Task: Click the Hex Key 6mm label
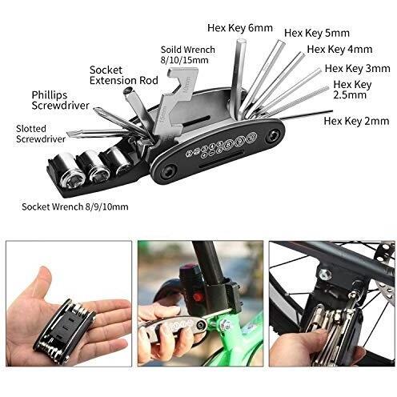pyautogui.click(x=240, y=28)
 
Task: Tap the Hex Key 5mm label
pyautogui.click(x=317, y=34)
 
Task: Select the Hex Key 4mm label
pyautogui.click(x=339, y=50)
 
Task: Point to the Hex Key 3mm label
pyautogui.click(x=358, y=69)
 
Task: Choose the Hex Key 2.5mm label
pyautogui.click(x=352, y=90)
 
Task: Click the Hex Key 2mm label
pyautogui.click(x=356, y=121)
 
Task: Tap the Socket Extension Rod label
pyautogui.click(x=124, y=75)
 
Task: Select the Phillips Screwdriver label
pyautogui.click(x=60, y=100)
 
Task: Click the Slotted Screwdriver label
pyautogui.click(x=41, y=134)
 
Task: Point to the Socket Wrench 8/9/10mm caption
pyautogui.click(x=75, y=207)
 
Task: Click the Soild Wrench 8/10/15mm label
pyautogui.click(x=188, y=54)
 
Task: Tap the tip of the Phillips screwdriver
pyautogui.click(x=95, y=109)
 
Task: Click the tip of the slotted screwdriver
pyautogui.click(x=67, y=134)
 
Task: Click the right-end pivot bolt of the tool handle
pyautogui.click(x=273, y=134)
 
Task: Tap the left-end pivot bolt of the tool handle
pyautogui.click(x=169, y=170)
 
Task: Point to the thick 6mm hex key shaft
pyautogui.click(x=238, y=78)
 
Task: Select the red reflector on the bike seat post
pyautogui.click(x=198, y=296)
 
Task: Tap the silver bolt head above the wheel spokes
pyautogui.click(x=325, y=275)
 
